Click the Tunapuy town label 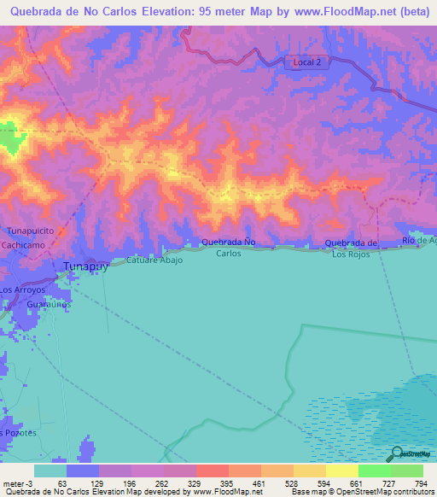click(x=84, y=266)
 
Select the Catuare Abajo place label click(x=154, y=260)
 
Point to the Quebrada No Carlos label click(x=228, y=248)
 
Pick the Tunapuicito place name click(x=32, y=231)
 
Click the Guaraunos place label click(x=48, y=303)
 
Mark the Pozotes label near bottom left click(x=20, y=433)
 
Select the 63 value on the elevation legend click(x=61, y=482)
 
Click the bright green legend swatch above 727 click(x=374, y=471)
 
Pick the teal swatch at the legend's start click(x=50, y=471)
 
